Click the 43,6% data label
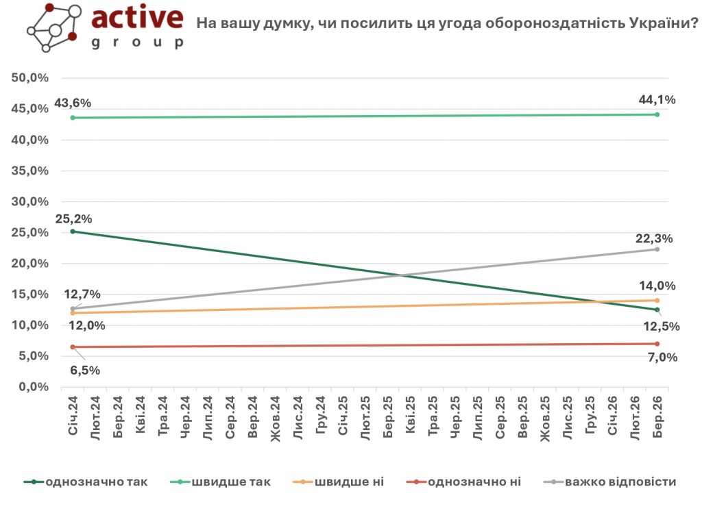[73, 103]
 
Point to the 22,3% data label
[655, 238]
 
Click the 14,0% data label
[657, 286]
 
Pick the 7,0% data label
[662, 357]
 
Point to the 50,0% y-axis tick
[30, 78]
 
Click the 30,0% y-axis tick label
[30, 202]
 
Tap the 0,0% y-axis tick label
[33, 387]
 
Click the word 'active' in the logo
[137, 18]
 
